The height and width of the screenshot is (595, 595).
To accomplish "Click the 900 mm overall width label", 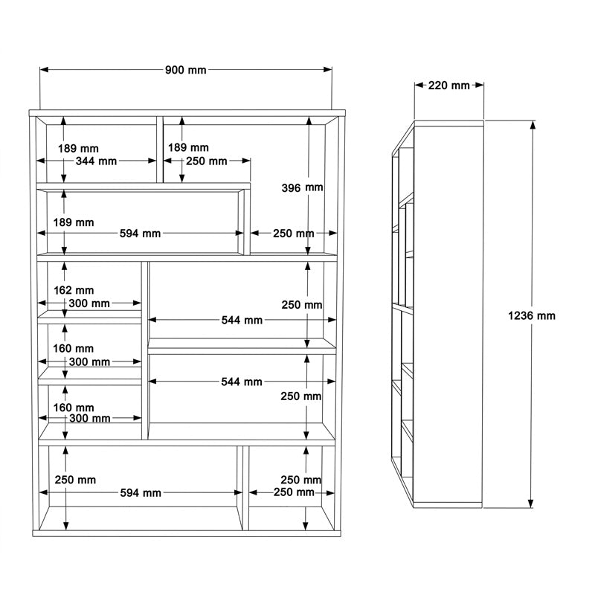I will point(185,70).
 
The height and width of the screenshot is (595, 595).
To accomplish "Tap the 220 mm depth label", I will point(449,86).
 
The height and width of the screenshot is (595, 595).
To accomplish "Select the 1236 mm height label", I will point(532,315).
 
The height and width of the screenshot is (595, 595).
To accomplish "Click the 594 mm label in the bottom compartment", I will point(141,493).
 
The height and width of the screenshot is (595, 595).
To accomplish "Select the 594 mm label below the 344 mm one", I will point(141,234).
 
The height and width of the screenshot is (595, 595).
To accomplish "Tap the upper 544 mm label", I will point(242,320).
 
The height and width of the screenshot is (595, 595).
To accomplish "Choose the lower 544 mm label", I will point(242,382).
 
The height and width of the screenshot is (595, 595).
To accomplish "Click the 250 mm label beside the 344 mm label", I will point(207,161).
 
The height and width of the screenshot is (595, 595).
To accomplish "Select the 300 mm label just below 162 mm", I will point(89,303).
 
